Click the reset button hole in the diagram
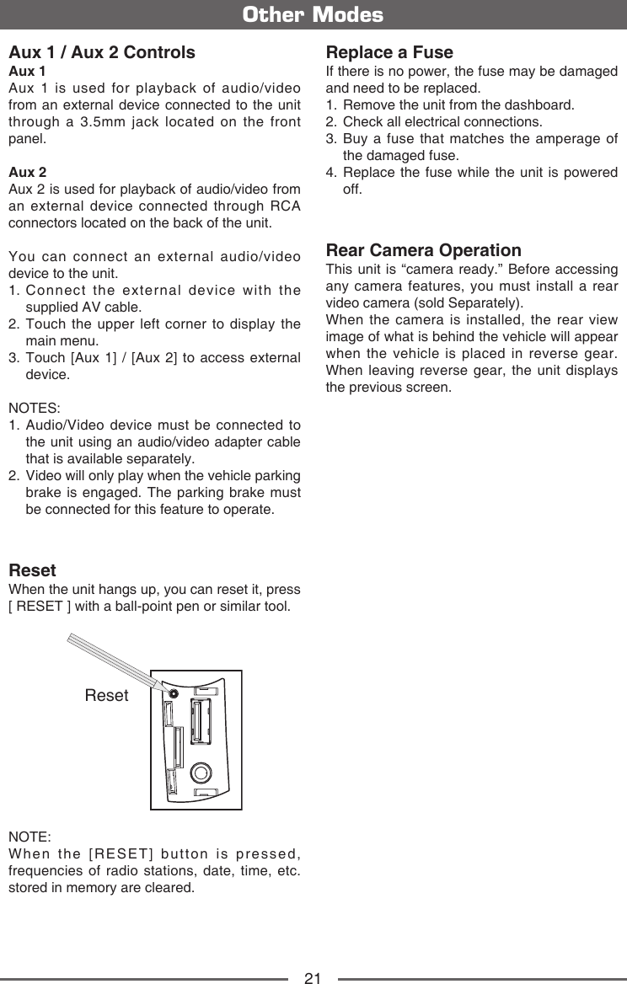pos(173,693)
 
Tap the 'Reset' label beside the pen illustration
pos(107,696)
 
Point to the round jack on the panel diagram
pos(201,772)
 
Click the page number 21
pos(313,978)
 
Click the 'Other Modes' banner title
pos(313,15)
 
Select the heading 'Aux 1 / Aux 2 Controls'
pos(102,52)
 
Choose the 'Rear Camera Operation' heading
pos(423,250)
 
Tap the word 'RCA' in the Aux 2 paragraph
pos(287,207)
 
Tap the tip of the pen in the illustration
pos(169,690)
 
